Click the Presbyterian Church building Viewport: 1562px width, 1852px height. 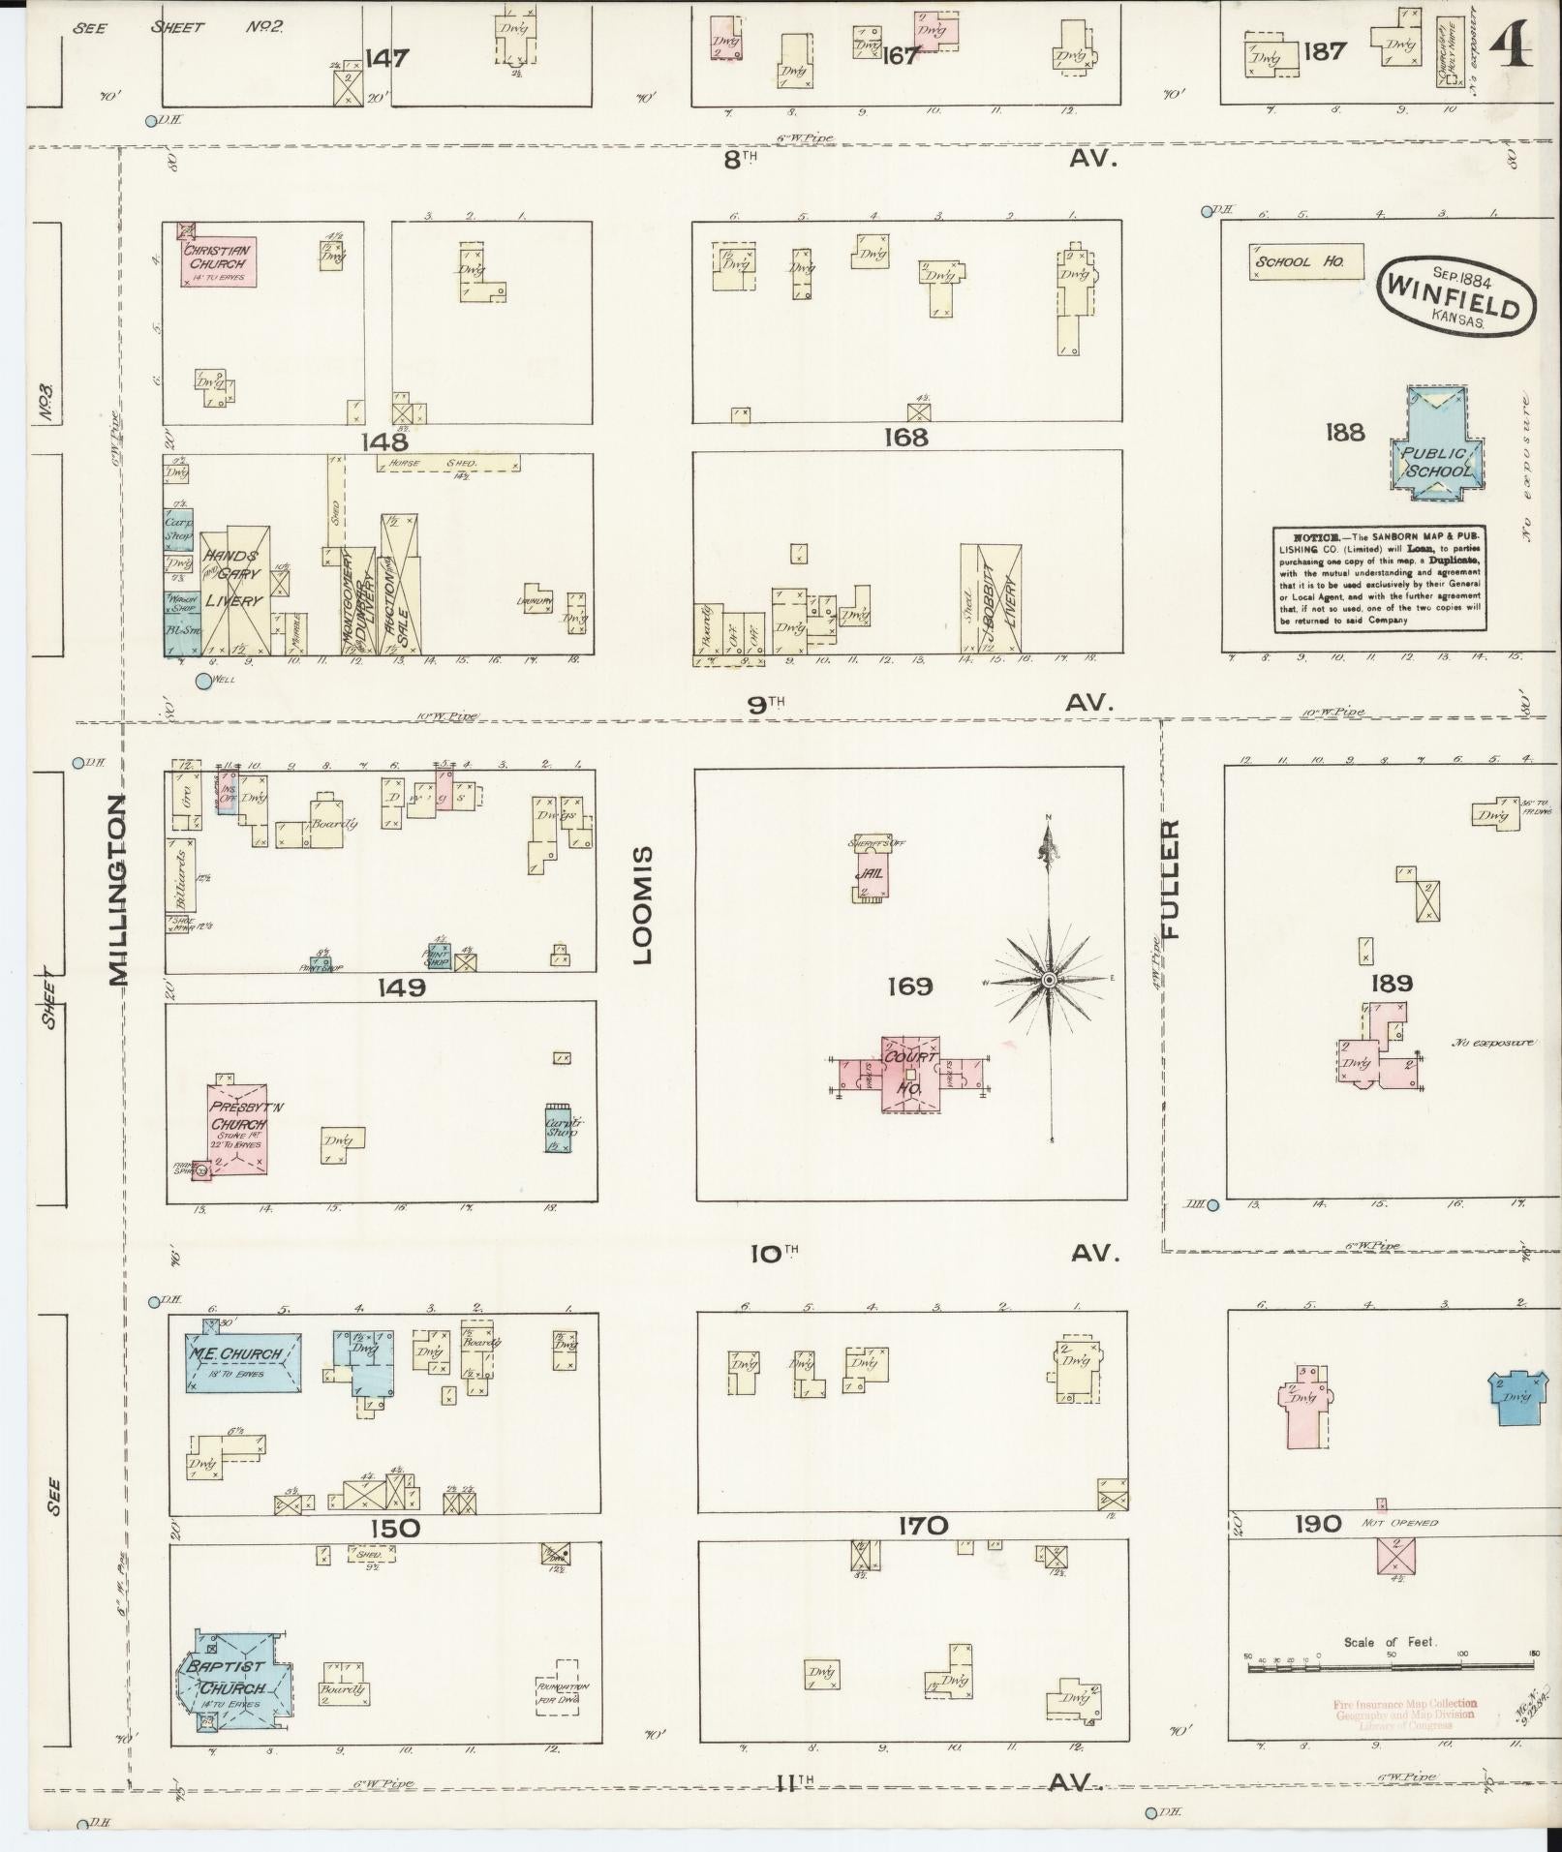coord(239,1128)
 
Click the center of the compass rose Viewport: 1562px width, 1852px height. coord(1049,981)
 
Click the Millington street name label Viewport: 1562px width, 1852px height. coord(119,890)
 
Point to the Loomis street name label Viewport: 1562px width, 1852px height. coord(643,905)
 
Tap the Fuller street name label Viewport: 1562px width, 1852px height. coord(1171,879)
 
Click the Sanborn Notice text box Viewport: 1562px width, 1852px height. coord(1380,579)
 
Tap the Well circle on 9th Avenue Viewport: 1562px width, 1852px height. coord(203,682)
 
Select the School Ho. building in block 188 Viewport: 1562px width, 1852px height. coord(1305,261)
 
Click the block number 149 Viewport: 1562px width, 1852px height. coord(402,987)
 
